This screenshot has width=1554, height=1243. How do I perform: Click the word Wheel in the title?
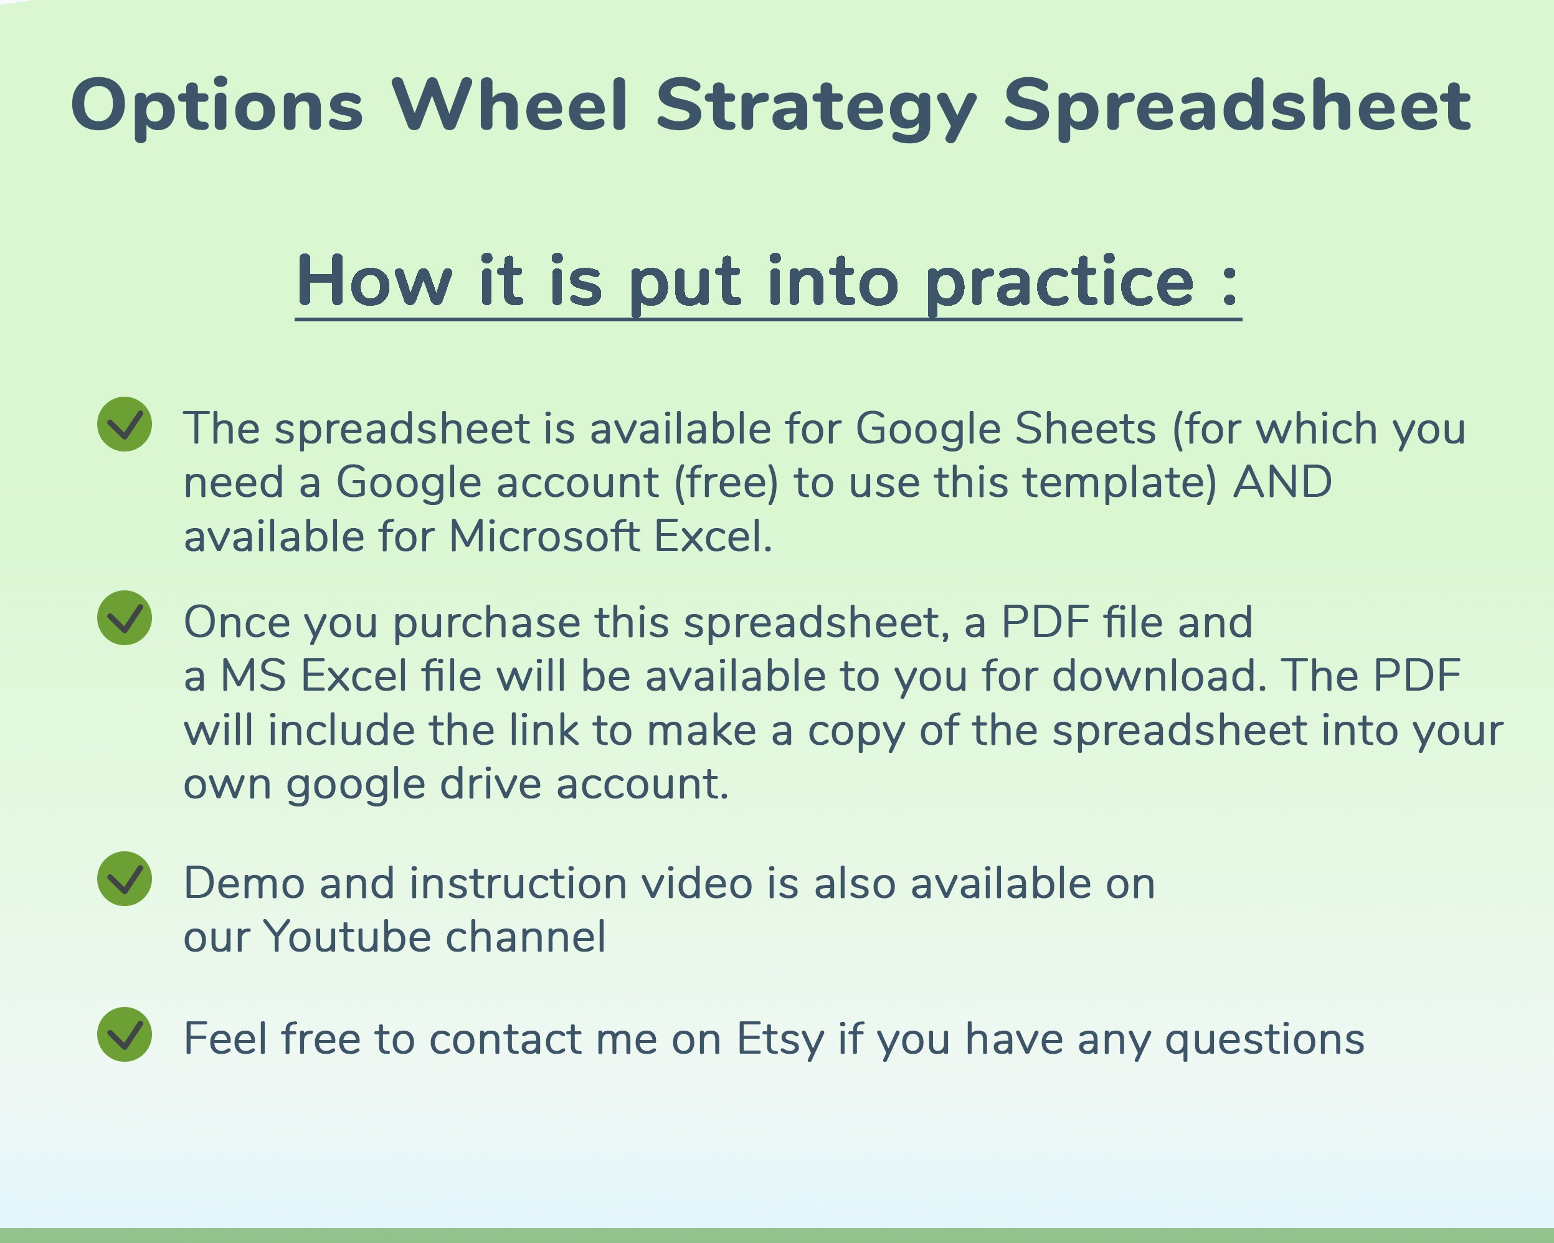[510, 106]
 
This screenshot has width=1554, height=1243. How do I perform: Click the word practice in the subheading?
[1059, 283]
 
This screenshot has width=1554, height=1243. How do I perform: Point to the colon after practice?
[1229, 285]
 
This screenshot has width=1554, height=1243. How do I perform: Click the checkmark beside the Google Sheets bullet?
[125, 425]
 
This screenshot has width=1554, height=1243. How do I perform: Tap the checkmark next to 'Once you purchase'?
[125, 618]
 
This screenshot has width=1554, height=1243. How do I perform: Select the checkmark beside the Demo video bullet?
[125, 879]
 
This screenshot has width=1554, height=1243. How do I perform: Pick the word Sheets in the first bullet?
[1086, 428]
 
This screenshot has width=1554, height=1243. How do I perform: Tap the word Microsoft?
[544, 536]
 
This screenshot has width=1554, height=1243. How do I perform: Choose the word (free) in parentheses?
[726, 483]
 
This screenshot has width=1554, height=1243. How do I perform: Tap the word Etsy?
[779, 1040]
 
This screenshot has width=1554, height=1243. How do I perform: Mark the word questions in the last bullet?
[1264, 1040]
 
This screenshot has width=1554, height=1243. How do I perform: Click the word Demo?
[244, 884]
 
